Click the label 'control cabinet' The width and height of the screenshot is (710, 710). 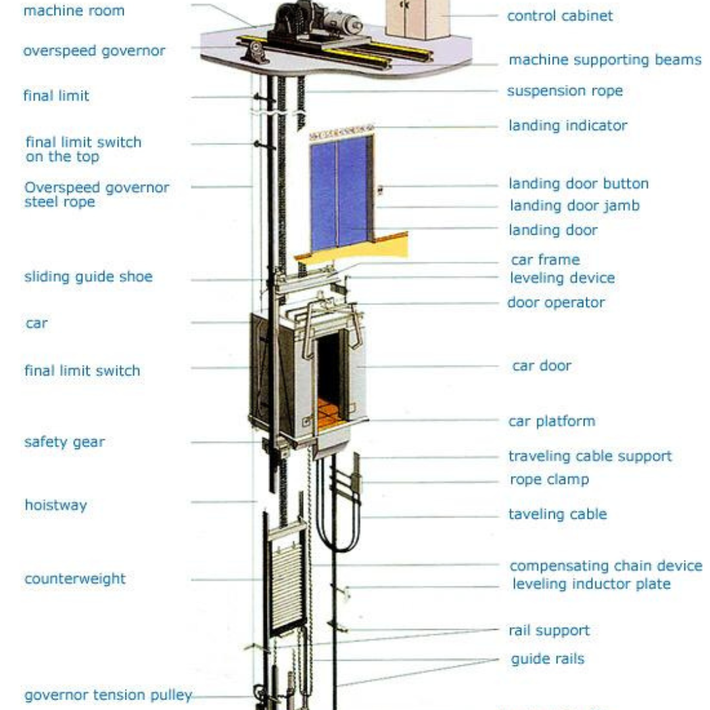[559, 16]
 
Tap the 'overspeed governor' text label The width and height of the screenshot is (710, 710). [94, 51]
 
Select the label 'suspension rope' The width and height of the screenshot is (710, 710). [564, 91]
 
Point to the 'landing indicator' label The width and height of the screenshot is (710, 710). [567, 125]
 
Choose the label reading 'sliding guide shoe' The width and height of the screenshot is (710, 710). [88, 276]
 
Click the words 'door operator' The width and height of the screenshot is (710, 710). [556, 302]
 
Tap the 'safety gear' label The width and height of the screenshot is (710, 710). [64, 442]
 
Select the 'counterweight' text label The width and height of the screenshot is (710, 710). [75, 579]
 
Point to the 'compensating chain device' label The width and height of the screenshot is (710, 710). [605, 565]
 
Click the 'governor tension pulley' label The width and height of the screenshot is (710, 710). [108, 695]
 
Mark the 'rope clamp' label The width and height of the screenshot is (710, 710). [549, 479]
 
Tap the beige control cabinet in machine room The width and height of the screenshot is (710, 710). [417, 18]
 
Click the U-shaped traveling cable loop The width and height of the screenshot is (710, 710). [338, 519]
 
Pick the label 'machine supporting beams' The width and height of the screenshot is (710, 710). [605, 60]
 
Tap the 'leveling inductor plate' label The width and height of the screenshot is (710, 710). [591, 584]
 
